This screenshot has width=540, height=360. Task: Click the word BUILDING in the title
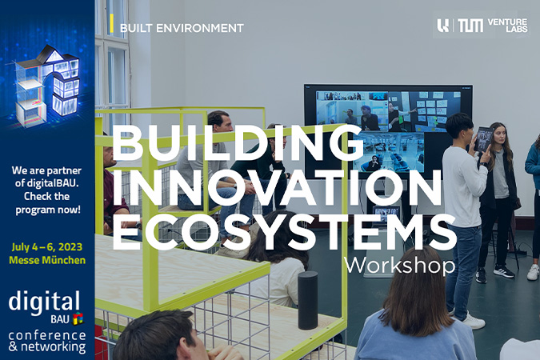pos(238,142)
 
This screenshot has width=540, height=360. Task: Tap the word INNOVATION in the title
pos(277,187)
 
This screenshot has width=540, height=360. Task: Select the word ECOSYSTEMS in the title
pos(284,232)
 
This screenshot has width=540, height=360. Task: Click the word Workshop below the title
pos(400,266)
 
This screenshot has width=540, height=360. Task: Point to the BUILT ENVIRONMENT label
pos(182,28)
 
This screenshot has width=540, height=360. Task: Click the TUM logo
pos(470,26)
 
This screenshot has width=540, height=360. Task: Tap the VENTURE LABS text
pos(507,26)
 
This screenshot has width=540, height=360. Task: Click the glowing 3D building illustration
pos(47,86)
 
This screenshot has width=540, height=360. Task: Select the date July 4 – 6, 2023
pos(47,247)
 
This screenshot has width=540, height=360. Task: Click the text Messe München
pos(47,260)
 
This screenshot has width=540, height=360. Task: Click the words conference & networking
pos(47,342)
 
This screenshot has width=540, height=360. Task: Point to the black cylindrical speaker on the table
pos(307,300)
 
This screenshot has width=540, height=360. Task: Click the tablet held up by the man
pos(482,139)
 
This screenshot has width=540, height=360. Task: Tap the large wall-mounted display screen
pos(388,131)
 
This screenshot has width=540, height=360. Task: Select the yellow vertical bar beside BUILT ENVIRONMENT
pos(111,24)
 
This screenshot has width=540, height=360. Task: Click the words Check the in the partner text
pos(47,196)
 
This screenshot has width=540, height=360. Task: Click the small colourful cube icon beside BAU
pos(78,318)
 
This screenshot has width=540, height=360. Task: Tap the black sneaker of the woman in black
pos(503,270)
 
